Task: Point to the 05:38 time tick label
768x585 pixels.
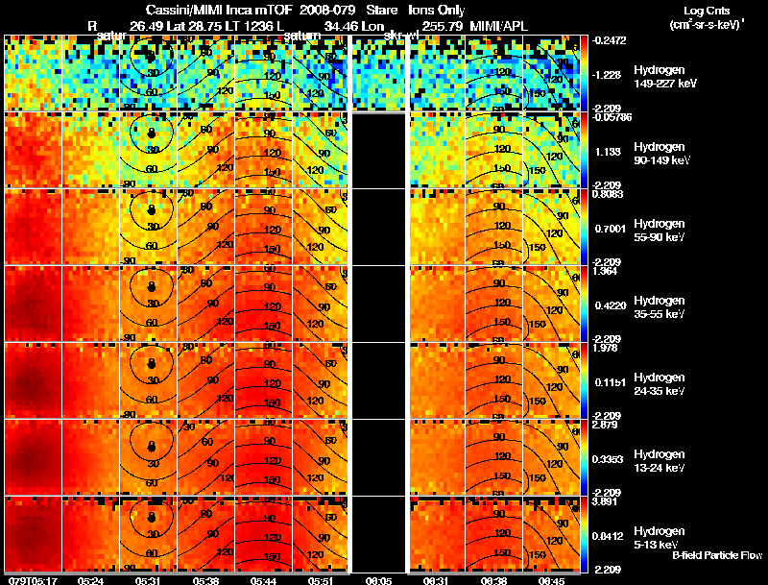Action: click(x=205, y=580)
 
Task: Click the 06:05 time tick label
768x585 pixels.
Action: click(x=378, y=580)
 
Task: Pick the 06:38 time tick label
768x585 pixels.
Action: click(x=493, y=580)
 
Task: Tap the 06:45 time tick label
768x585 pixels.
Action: click(x=551, y=580)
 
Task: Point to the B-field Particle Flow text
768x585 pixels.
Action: click(x=718, y=555)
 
